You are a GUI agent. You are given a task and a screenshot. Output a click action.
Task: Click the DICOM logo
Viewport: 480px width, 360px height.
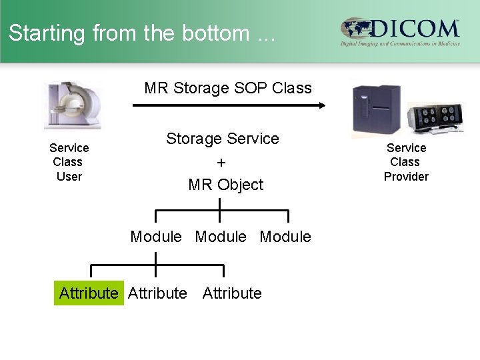point(400,31)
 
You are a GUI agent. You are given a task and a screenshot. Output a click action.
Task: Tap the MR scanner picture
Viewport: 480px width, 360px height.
point(73,105)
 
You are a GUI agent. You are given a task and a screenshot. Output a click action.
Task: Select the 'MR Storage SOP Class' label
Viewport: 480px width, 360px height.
point(228,88)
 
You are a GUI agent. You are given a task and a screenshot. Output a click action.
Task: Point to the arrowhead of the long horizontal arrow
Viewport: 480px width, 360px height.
point(322,105)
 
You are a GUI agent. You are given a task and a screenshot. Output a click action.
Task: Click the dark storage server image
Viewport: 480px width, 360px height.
point(377,110)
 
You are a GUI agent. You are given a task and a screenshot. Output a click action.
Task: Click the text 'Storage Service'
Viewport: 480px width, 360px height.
point(223,139)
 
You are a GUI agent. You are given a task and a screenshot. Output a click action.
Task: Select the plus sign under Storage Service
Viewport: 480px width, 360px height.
point(221,163)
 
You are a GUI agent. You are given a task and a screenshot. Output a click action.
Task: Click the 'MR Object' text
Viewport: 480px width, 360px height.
point(226,185)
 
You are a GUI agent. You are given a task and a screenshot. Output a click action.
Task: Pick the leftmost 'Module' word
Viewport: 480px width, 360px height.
point(156,237)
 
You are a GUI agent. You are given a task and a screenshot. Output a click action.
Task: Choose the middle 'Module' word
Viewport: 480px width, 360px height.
point(221,237)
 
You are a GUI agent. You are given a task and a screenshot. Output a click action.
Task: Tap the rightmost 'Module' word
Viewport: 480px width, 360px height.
point(285,237)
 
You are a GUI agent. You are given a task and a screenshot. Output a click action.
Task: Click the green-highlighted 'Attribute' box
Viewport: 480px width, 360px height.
point(89,293)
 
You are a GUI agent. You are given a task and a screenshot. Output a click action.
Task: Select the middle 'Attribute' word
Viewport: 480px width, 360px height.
point(158,293)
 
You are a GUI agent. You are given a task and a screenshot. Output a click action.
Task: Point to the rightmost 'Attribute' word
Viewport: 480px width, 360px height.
point(232,293)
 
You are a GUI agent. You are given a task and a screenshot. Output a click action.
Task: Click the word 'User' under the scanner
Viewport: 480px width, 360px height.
point(69,177)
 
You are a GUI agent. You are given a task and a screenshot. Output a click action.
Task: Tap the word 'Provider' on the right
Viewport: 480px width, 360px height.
point(406,177)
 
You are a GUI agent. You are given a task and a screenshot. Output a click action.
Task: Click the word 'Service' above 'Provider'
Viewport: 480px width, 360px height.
point(406,148)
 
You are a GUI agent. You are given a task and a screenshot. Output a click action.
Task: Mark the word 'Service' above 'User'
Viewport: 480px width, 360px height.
point(69,148)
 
